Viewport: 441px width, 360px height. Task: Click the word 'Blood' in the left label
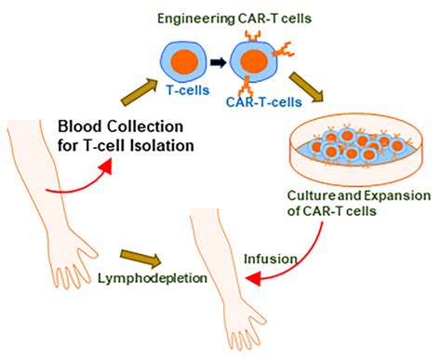click(79, 127)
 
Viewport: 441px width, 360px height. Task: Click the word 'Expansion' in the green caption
click(388, 197)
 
